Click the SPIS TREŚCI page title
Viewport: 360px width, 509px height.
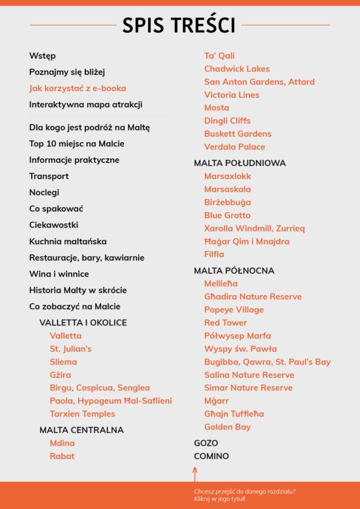pyautogui.click(x=179, y=25)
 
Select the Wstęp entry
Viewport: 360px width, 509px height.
pyautogui.click(x=43, y=56)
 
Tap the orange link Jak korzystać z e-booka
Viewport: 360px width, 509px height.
pyautogui.click(x=77, y=88)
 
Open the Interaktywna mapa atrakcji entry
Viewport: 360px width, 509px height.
pyautogui.click(x=86, y=104)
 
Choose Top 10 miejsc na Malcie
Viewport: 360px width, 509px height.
pyautogui.click(x=77, y=144)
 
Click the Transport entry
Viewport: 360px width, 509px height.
pyautogui.click(x=49, y=176)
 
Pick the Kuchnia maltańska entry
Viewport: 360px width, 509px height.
pyautogui.click(x=68, y=242)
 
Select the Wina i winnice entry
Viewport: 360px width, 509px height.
pyautogui.click(x=59, y=274)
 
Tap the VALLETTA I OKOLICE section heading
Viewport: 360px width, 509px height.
pyautogui.click(x=83, y=323)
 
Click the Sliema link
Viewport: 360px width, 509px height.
pyautogui.click(x=64, y=362)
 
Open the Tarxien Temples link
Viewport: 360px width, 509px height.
pyautogui.click(x=82, y=414)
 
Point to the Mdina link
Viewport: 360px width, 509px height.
pyautogui.click(x=62, y=443)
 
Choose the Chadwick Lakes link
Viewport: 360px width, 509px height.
pyautogui.click(x=237, y=69)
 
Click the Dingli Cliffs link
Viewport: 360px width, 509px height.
pyautogui.click(x=227, y=121)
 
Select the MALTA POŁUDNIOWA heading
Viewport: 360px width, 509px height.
pyautogui.click(x=240, y=163)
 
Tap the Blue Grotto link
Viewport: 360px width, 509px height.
pyautogui.click(x=227, y=215)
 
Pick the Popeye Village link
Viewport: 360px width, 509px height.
pyautogui.click(x=234, y=310)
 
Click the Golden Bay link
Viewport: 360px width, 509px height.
pyautogui.click(x=227, y=427)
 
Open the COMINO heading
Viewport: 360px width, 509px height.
pyautogui.click(x=211, y=456)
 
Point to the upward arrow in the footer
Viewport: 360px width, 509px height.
pyautogui.click(x=195, y=474)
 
